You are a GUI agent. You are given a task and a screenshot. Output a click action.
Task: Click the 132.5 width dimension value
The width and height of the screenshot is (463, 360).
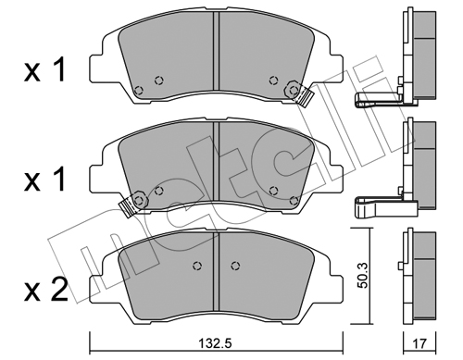[216, 343]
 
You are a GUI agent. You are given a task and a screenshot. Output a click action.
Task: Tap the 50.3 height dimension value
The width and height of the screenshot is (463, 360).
[364, 276]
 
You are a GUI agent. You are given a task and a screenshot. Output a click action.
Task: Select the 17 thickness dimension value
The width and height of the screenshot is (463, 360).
[419, 343]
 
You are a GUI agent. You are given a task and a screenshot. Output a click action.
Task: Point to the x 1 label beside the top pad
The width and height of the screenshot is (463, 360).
[44, 70]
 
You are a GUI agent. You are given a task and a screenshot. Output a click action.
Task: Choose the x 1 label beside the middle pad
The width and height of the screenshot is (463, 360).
[44, 180]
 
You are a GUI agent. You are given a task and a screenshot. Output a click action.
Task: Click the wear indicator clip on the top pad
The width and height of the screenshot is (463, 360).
[305, 95]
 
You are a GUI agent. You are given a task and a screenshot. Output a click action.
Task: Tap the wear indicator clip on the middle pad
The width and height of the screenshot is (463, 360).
[128, 207]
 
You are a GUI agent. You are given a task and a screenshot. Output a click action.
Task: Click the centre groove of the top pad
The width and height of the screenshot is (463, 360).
[216, 51]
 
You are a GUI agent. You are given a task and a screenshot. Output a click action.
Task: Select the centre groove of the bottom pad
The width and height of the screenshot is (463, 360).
[216, 271]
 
